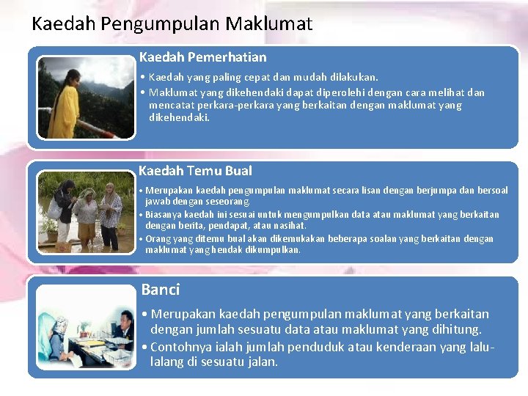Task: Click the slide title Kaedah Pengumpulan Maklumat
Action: point(172,24)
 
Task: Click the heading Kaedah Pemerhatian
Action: point(202,57)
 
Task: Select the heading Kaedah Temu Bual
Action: point(195,171)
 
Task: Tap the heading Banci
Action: point(160,290)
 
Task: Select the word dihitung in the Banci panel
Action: point(455,330)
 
